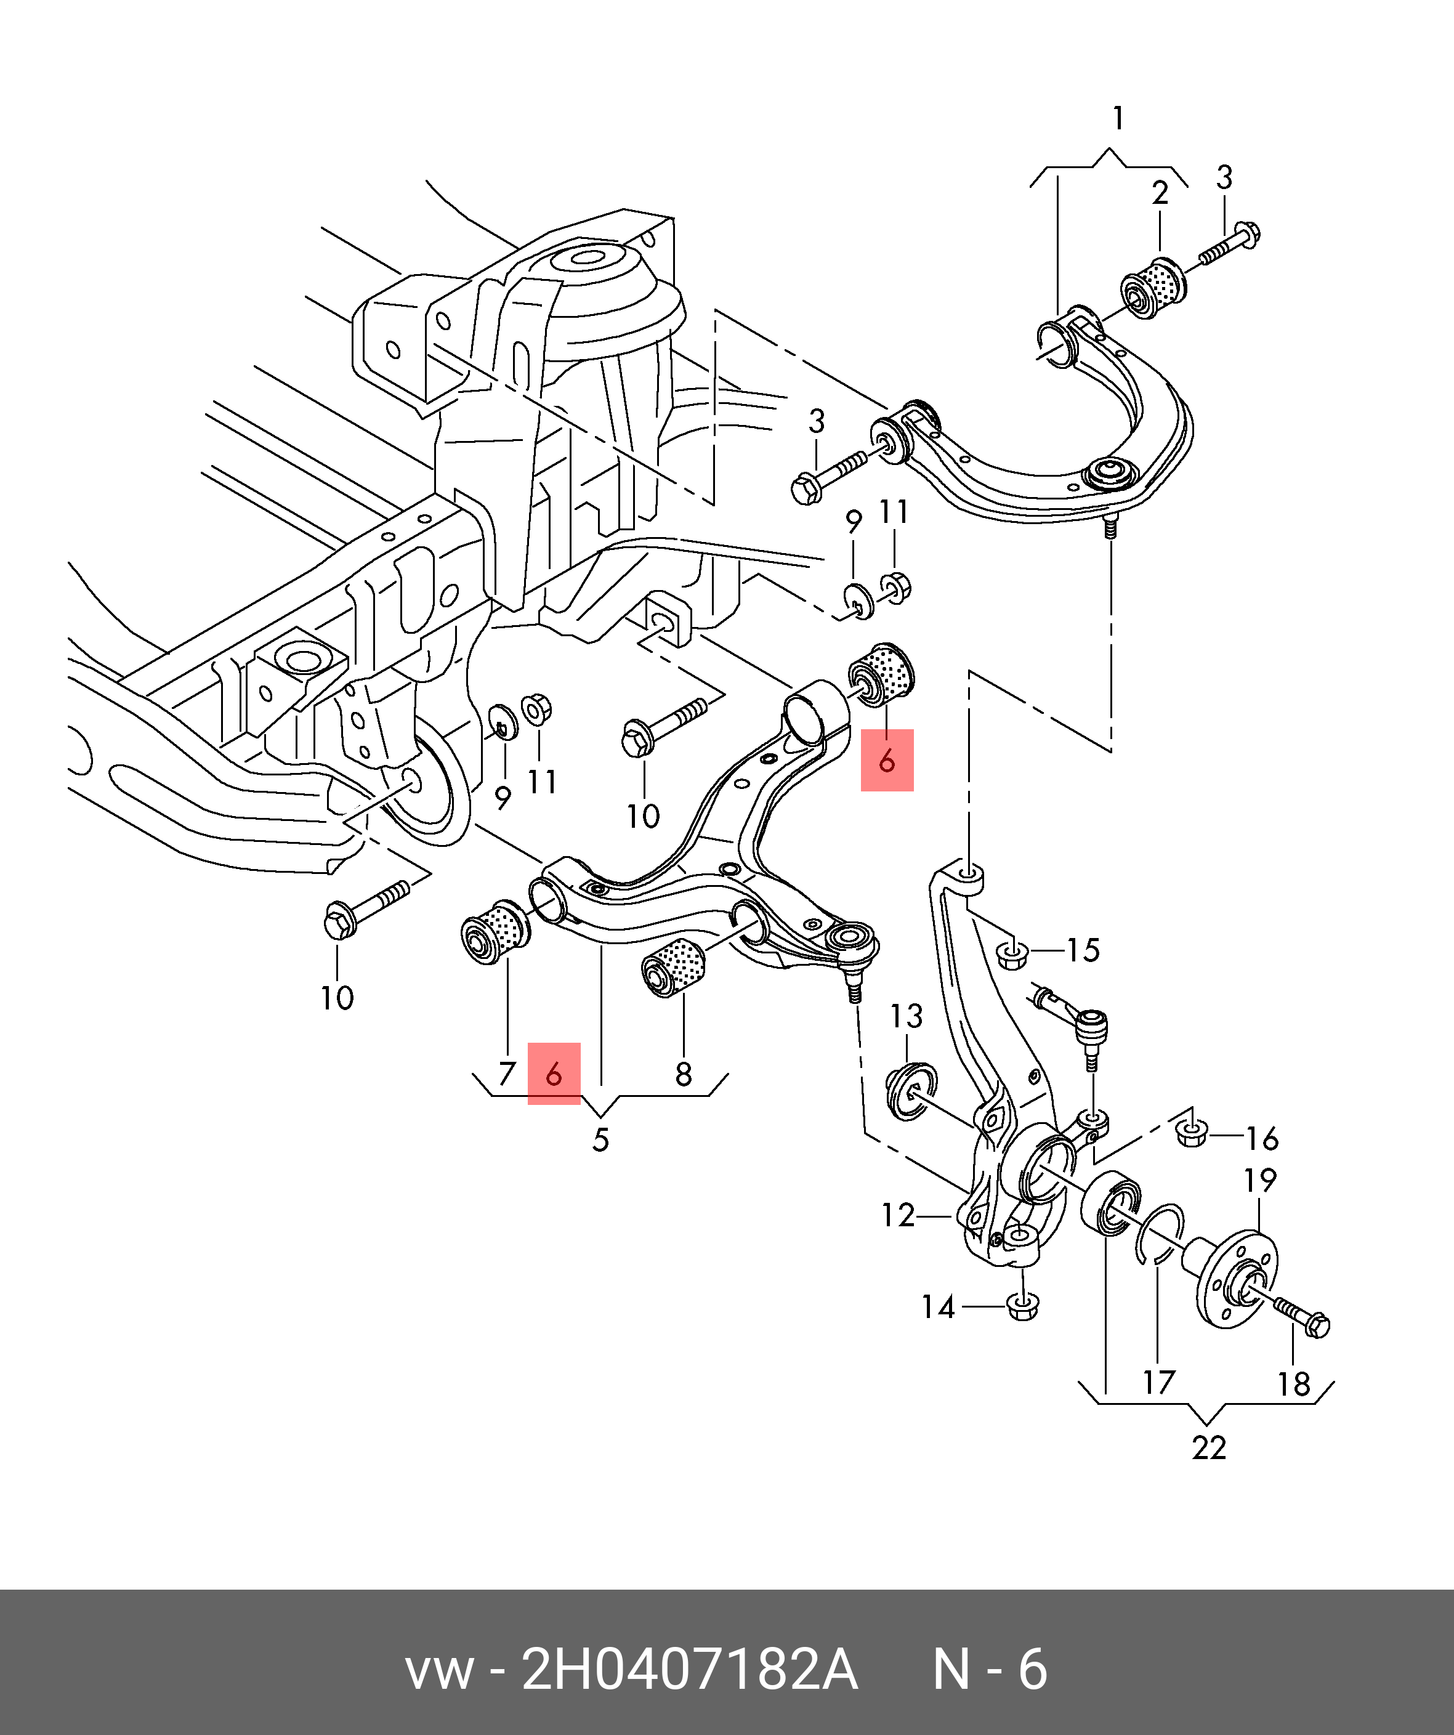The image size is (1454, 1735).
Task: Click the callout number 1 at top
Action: pyautogui.click(x=1118, y=119)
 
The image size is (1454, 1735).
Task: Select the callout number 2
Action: pyautogui.click(x=1160, y=193)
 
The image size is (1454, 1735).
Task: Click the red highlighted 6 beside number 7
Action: pyautogui.click(x=554, y=1074)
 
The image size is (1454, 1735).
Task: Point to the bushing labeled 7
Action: pyautogui.click(x=494, y=932)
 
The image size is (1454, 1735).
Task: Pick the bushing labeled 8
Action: pyautogui.click(x=673, y=966)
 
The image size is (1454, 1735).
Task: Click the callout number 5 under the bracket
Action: pyautogui.click(x=600, y=1140)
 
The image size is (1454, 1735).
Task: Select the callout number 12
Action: pyautogui.click(x=897, y=1215)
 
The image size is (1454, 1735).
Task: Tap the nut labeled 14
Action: pyautogui.click(x=1023, y=1306)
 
